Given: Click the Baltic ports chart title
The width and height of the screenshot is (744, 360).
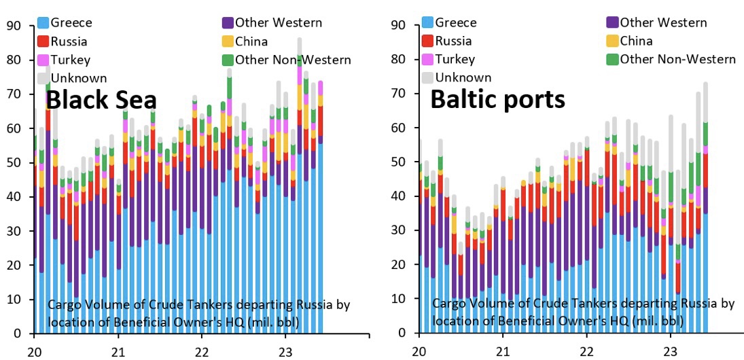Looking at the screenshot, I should coord(497,99).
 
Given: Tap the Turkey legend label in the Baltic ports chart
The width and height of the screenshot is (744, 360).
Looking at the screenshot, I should coord(455,59).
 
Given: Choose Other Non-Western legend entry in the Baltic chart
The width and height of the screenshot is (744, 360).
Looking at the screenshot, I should coord(677,59).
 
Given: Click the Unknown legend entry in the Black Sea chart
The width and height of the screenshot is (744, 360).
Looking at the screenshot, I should coord(73,78).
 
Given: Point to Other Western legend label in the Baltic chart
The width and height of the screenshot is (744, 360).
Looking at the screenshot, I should coord(663,23).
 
